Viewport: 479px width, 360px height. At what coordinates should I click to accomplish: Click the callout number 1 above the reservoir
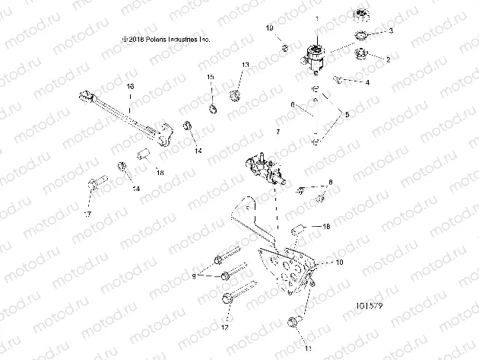click(x=317, y=18)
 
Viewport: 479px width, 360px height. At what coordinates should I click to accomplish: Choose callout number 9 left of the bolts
click(x=195, y=276)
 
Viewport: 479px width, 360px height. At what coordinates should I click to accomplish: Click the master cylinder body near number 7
click(x=262, y=168)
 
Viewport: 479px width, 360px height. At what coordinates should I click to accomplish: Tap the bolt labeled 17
click(x=95, y=183)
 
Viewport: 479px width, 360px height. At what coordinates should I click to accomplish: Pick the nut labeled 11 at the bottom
click(x=293, y=324)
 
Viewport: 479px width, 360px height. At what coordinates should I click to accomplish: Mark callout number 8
click(x=331, y=183)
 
